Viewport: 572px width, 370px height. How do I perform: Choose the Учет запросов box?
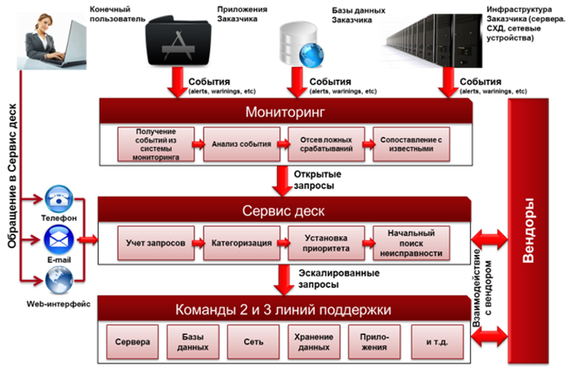coord(154,243)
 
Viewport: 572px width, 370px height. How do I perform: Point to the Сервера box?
coord(132,341)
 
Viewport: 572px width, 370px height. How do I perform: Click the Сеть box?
coord(246,341)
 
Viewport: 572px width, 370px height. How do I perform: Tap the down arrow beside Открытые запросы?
coord(282,181)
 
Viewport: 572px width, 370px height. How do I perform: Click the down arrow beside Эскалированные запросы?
coord(282,280)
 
